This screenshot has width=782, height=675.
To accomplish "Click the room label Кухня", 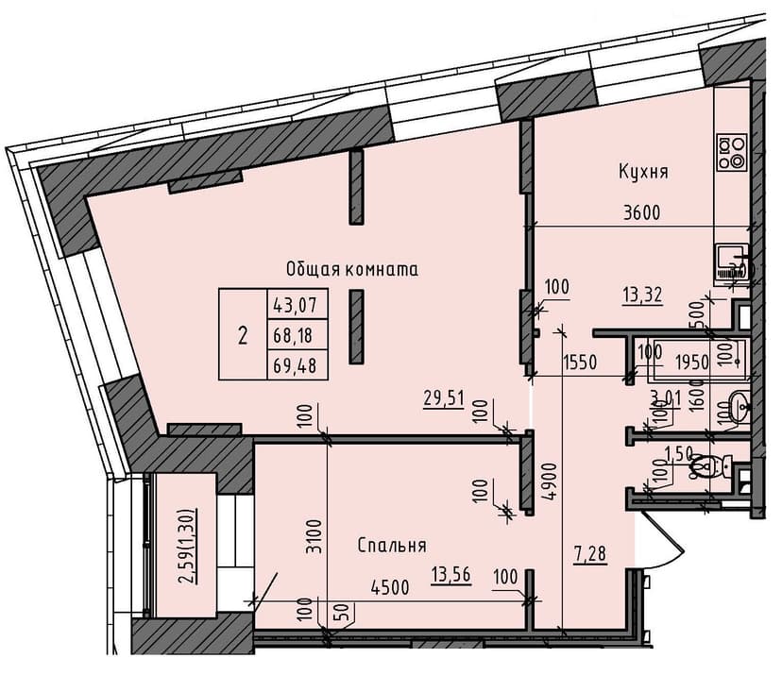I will (x=644, y=173).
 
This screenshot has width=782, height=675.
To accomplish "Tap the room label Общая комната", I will (x=352, y=269).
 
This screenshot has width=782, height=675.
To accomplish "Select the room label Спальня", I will (x=392, y=546).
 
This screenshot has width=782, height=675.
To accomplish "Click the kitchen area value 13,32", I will (x=641, y=295).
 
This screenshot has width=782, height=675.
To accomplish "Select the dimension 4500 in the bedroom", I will (x=389, y=587).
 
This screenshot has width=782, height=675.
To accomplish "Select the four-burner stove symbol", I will (x=732, y=152).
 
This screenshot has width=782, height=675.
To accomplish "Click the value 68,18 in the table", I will (x=297, y=334).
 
